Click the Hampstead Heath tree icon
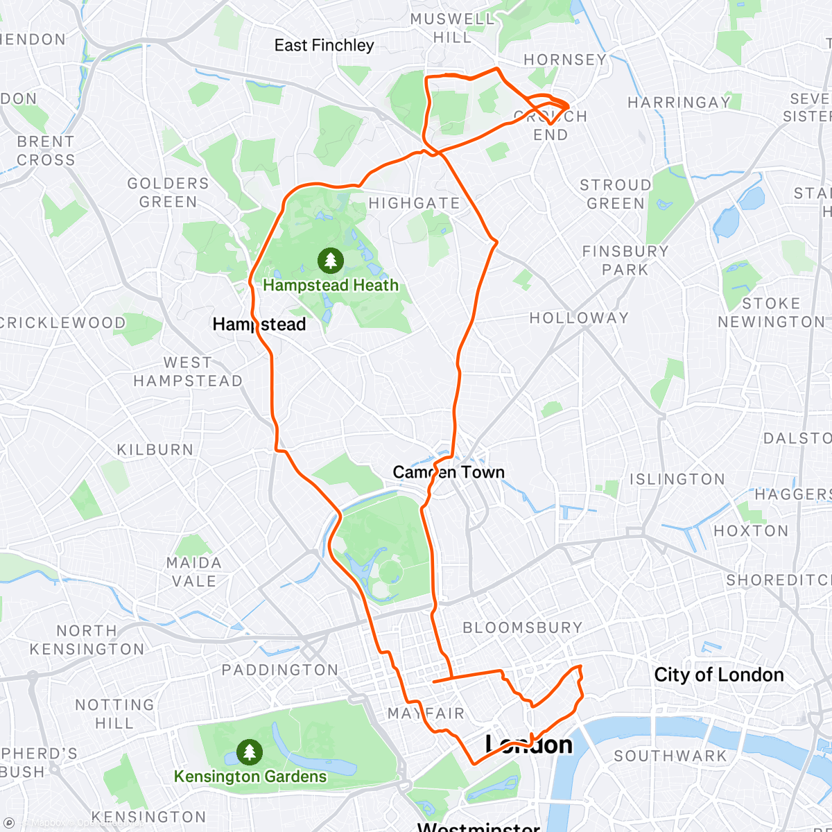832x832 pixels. click(331, 261)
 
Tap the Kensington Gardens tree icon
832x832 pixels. click(249, 752)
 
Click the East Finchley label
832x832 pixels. click(324, 46)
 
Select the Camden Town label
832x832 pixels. click(448, 472)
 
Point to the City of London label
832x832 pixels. click(719, 675)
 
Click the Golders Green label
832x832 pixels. click(168, 193)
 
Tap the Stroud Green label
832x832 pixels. click(616, 194)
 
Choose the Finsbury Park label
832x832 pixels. click(625, 261)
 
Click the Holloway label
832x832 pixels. click(579, 318)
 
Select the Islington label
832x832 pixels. click(677, 479)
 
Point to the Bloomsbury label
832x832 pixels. click(523, 627)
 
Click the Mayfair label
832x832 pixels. click(426, 713)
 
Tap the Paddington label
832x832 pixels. click(280, 670)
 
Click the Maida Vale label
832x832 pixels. click(193, 572)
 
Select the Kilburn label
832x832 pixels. click(155, 450)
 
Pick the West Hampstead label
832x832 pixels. click(188, 372)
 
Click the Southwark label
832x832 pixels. click(670, 756)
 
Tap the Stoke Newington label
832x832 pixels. click(770, 313)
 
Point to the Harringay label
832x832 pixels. click(679, 103)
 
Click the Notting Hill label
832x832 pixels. click(114, 714)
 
